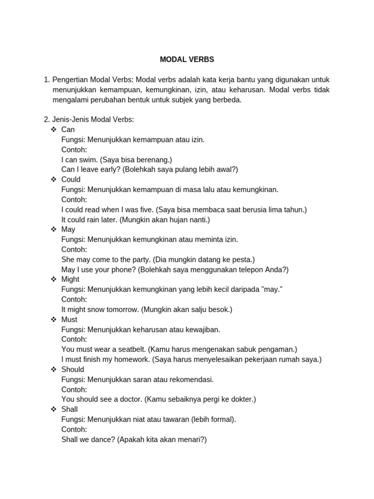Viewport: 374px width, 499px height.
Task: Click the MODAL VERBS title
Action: point(187,59)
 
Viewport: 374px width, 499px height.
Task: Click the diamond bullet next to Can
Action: point(54,130)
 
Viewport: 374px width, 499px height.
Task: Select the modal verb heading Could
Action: point(71,179)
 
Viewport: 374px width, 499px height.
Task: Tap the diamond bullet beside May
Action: point(54,230)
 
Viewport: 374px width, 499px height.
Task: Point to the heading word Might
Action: point(71,279)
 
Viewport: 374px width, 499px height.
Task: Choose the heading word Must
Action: point(70,319)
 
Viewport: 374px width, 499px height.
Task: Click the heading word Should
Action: point(73,369)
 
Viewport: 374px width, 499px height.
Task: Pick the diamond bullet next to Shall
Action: point(54,409)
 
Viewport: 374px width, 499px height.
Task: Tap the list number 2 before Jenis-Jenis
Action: point(47,119)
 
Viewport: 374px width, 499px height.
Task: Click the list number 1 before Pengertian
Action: point(47,79)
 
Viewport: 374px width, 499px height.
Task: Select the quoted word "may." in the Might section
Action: point(272,289)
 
